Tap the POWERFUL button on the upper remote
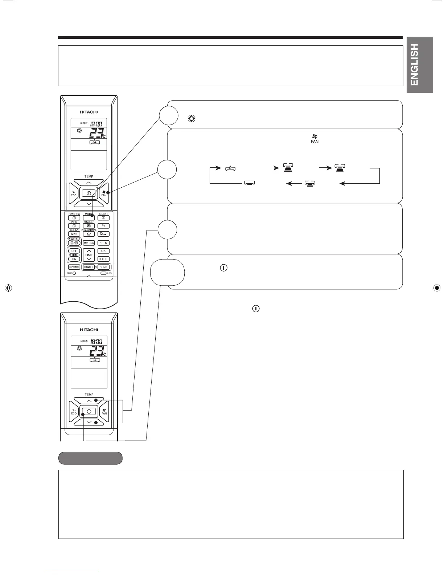tap(74, 218)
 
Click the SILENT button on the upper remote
tap(103, 218)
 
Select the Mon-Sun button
tap(89, 243)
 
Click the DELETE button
tap(103, 259)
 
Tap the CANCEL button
tap(89, 267)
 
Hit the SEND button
tap(103, 267)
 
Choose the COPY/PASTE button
tap(74, 267)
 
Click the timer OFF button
tap(74, 251)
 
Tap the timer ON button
tap(74, 259)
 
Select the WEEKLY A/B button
tap(74, 243)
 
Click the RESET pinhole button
tap(74, 273)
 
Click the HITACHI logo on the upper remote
tap(89, 112)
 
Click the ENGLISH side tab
tap(420, 65)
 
